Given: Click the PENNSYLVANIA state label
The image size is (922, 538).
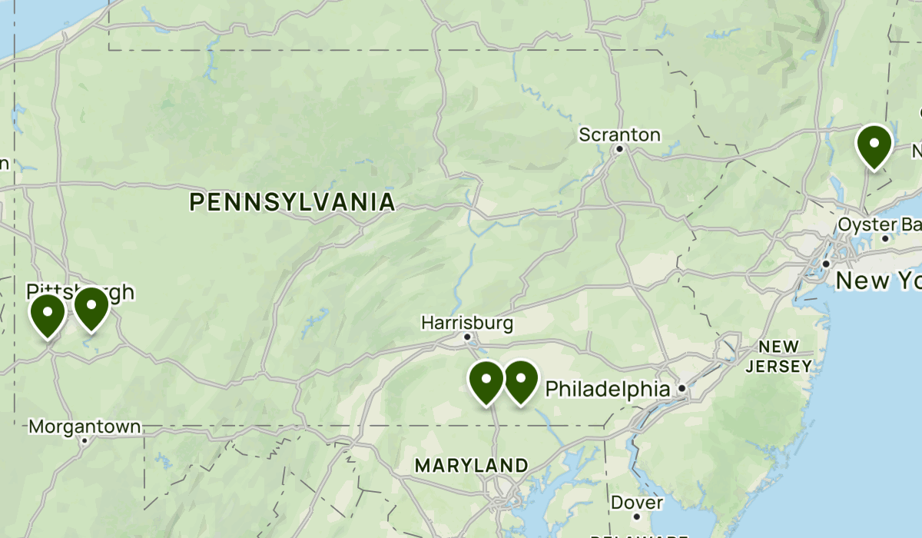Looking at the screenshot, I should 292,203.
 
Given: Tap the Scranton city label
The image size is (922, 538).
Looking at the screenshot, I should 619,135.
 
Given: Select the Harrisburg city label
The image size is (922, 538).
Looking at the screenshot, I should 467,323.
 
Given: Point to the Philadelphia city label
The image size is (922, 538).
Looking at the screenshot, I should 607,390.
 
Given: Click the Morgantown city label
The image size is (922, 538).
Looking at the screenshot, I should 85,427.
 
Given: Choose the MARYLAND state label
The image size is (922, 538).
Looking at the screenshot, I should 471,466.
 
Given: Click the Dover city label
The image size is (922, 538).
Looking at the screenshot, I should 637,503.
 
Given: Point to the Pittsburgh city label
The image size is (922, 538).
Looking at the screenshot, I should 80,292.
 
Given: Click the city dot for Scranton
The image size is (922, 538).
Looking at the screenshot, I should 619,148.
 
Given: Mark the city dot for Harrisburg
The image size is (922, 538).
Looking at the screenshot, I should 467,337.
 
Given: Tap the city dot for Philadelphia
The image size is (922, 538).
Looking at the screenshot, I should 682,390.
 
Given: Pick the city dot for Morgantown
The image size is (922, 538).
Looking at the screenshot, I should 85,440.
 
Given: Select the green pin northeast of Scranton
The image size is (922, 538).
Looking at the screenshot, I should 874,144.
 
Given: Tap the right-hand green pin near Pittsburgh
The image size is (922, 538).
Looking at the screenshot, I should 91,307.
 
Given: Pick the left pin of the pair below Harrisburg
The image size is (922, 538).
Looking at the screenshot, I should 486,381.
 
